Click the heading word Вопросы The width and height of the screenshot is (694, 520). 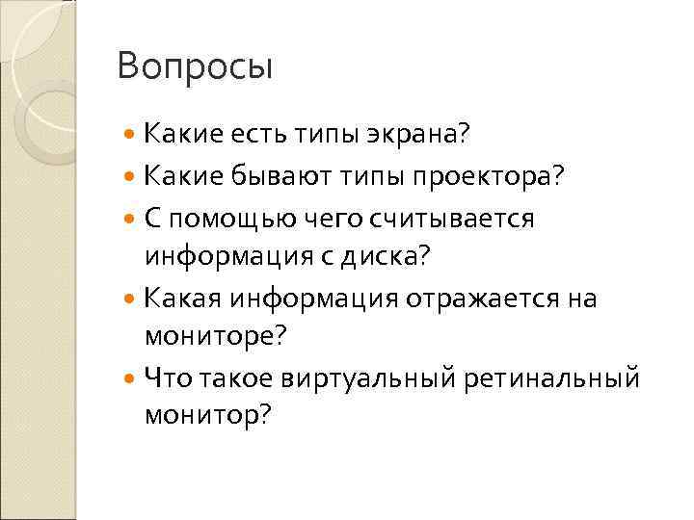(x=195, y=68)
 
